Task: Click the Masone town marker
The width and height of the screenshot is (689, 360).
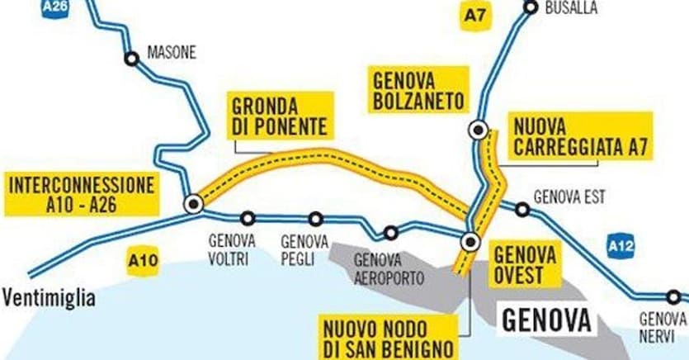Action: (131, 59)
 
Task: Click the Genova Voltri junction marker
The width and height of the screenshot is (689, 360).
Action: (247, 219)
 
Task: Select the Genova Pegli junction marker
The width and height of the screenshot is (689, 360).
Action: (315, 219)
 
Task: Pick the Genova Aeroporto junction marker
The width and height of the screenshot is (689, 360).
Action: (390, 233)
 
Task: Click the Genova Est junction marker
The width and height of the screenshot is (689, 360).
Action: (521, 210)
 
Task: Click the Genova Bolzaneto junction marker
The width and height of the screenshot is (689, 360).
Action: (477, 130)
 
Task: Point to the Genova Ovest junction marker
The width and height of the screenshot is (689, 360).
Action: (470, 242)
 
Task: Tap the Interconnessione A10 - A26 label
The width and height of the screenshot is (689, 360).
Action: (82, 194)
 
